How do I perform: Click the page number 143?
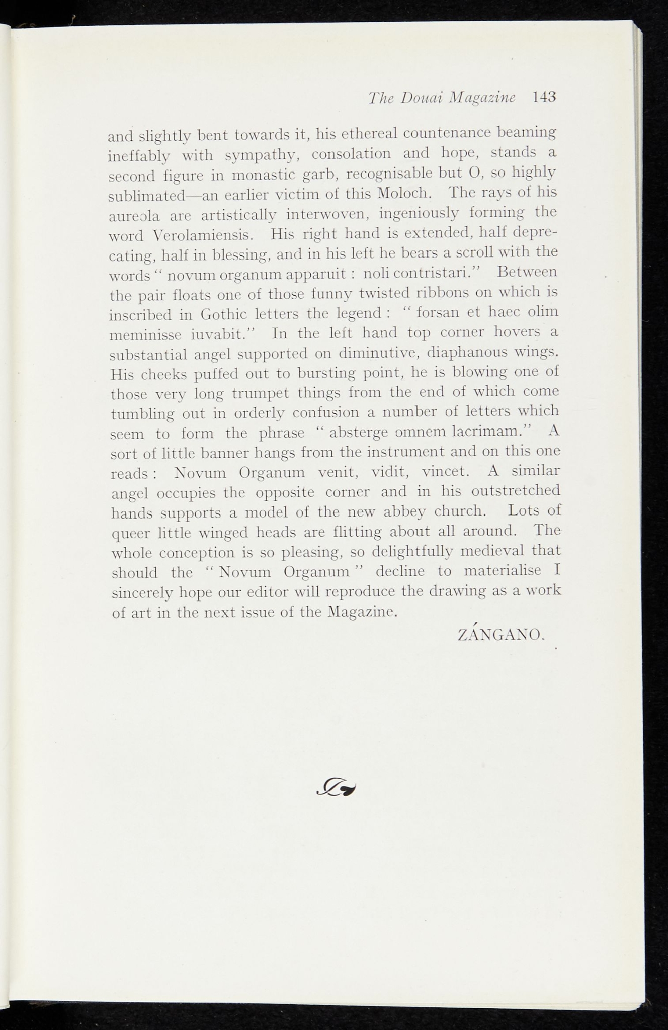tap(544, 96)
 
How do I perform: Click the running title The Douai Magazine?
tap(442, 97)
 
